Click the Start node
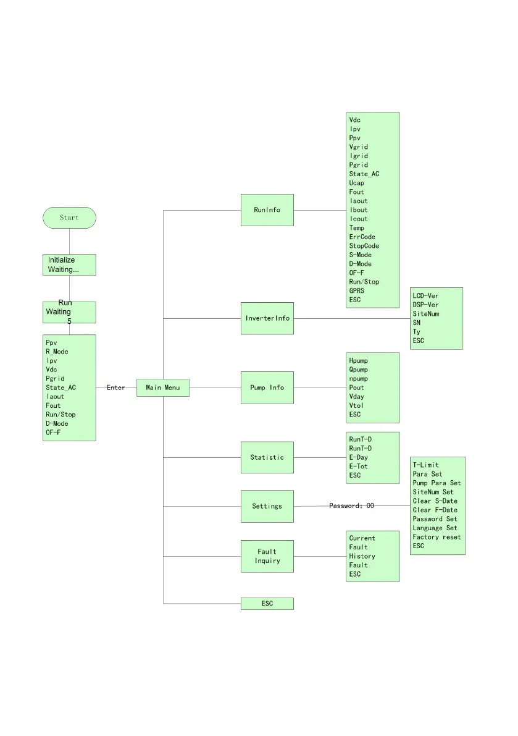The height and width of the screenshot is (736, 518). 69,218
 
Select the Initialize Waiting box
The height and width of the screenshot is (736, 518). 69,265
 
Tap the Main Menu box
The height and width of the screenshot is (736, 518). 162,387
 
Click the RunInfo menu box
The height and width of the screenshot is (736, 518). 267,210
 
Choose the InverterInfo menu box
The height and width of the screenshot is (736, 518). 267,319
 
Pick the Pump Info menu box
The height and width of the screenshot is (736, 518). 267,387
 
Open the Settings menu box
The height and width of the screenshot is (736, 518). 267,506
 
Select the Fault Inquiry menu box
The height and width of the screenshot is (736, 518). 267,556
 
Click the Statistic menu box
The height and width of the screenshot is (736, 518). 267,457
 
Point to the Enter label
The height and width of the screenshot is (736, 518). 115,387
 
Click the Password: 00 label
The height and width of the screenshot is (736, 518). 351,505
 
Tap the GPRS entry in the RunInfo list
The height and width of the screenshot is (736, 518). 357,291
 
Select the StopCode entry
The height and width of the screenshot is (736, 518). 364,246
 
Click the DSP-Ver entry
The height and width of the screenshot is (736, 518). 425,305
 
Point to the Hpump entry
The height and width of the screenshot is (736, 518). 359,360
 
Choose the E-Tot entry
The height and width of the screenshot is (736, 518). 358,467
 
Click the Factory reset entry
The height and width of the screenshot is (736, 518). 437,537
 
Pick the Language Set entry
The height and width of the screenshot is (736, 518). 435,528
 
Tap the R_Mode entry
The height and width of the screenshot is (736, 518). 57,352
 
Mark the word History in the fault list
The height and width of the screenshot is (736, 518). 362,556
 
